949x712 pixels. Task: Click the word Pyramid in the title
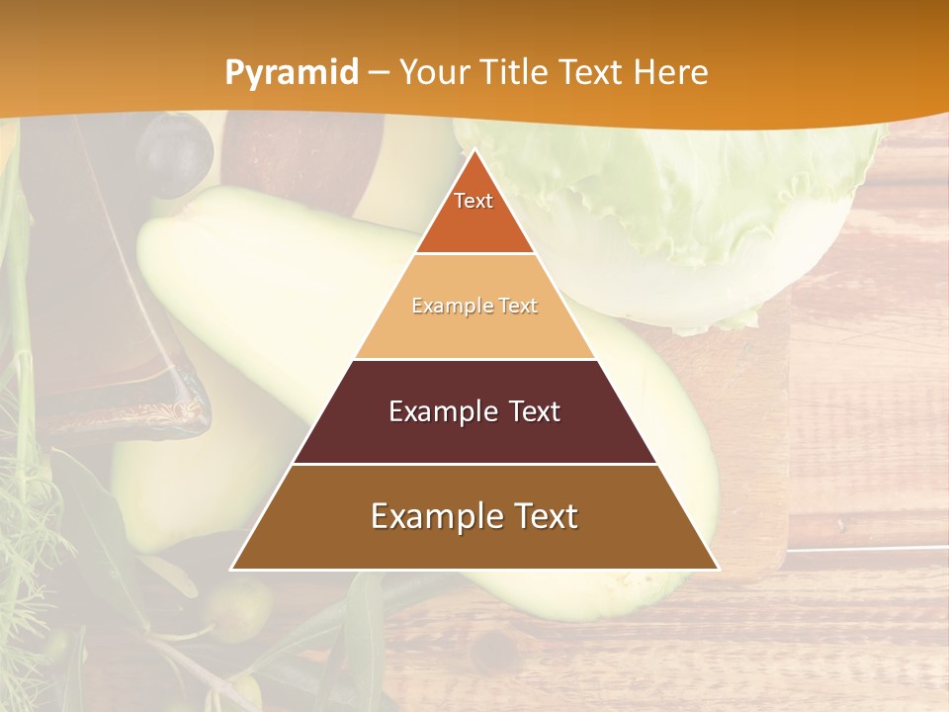click(x=291, y=73)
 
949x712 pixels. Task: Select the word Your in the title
click(x=435, y=72)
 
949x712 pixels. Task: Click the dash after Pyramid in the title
click(x=379, y=73)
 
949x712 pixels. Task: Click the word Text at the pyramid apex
click(x=474, y=201)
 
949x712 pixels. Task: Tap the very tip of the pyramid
click(x=474, y=152)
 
